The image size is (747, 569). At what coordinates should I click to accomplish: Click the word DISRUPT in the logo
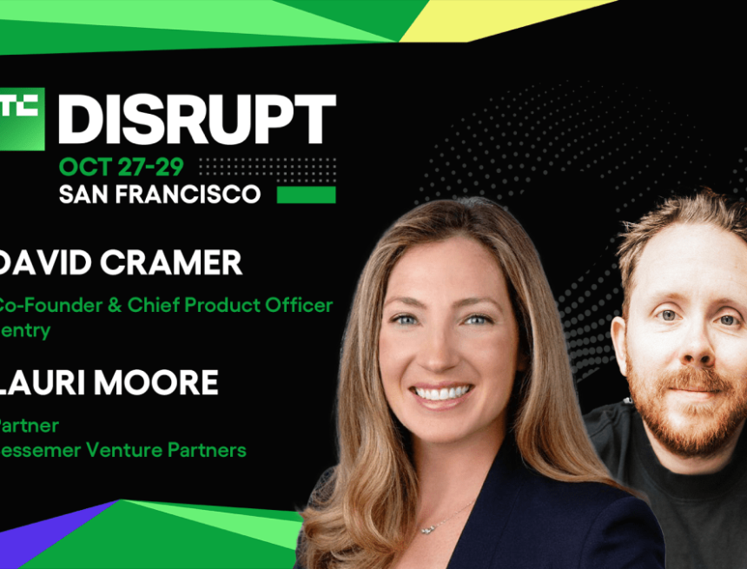(x=196, y=119)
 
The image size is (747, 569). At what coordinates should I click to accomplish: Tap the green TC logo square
(x=21, y=118)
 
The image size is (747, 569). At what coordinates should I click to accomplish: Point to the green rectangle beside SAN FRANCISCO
(x=306, y=194)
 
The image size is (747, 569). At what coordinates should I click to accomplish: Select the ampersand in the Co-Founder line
(x=91, y=306)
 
